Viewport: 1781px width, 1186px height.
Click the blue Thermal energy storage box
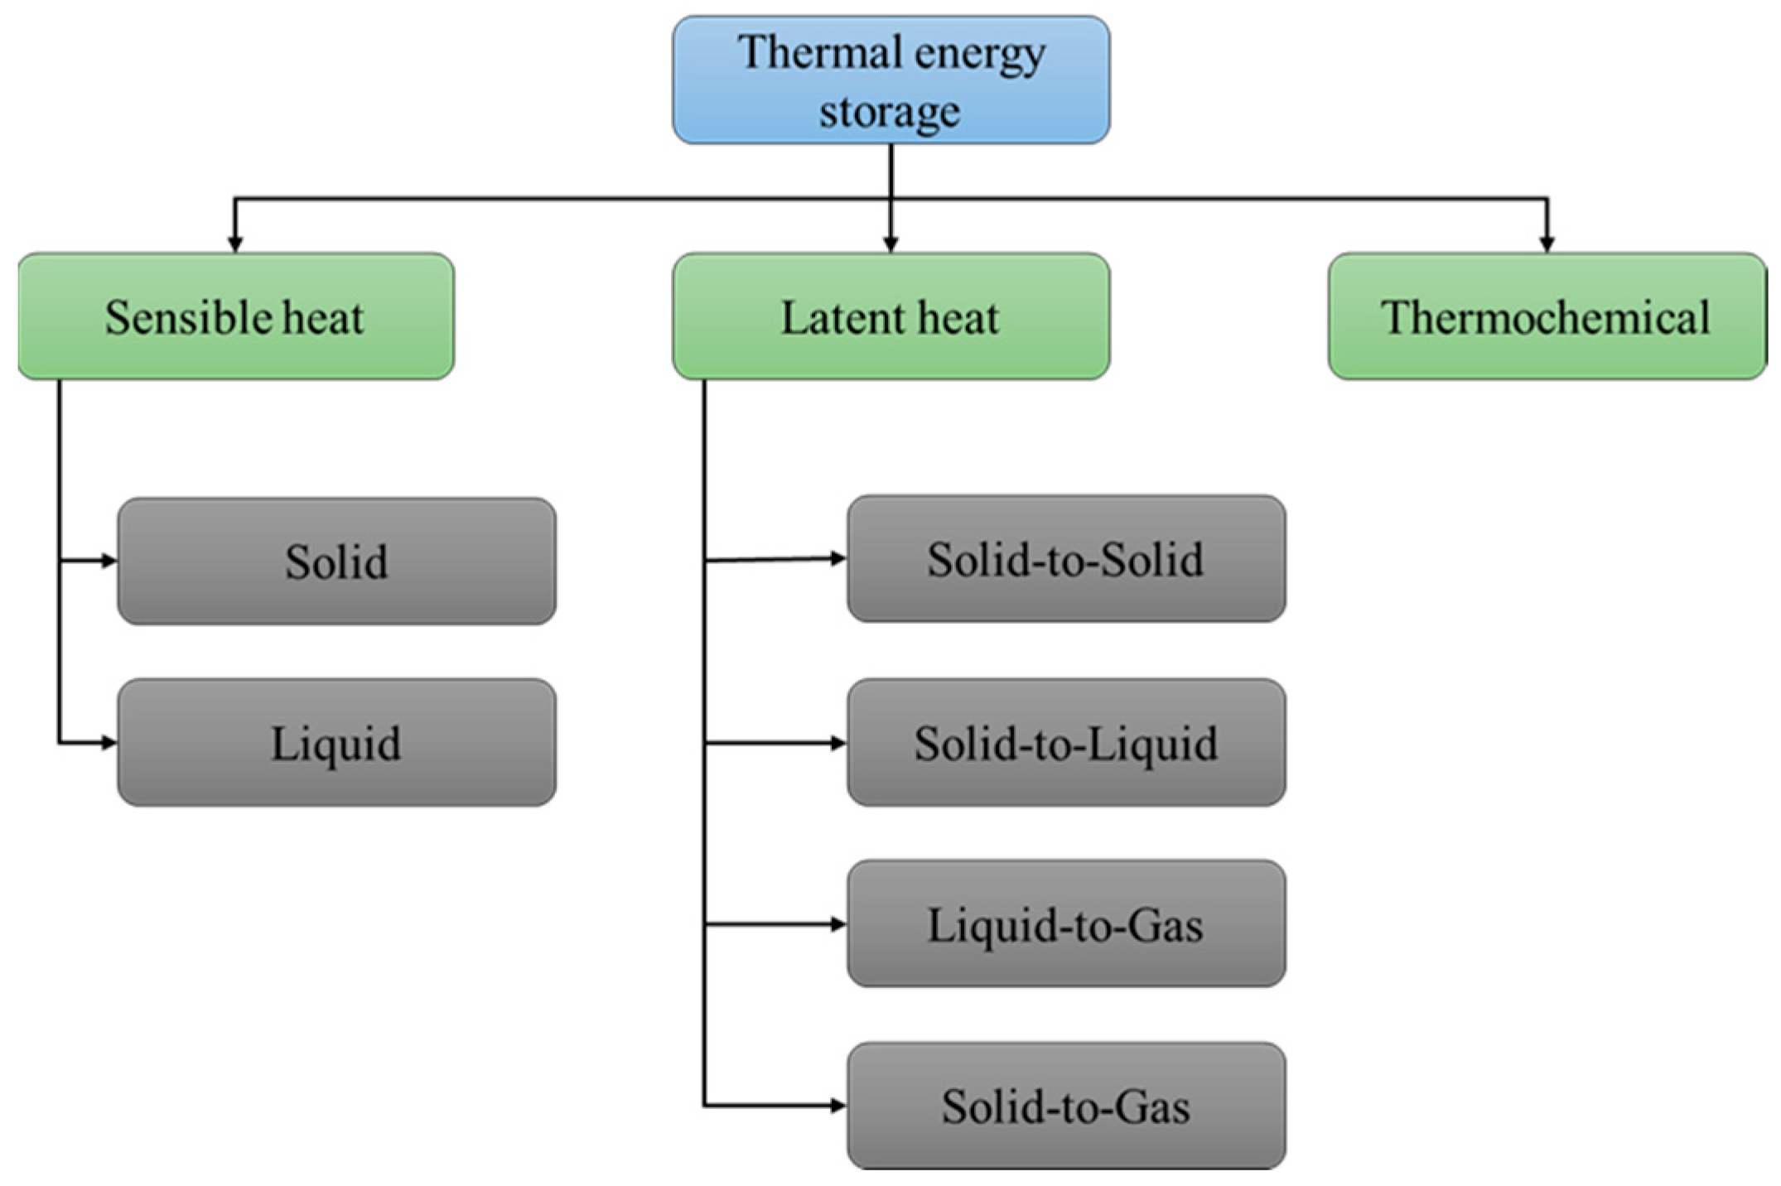tap(890, 80)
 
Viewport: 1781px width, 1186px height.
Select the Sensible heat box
tap(236, 316)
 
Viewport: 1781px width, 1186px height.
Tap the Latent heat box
tap(890, 316)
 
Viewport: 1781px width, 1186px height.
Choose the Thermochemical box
tap(1547, 316)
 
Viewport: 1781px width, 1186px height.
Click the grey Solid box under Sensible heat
tap(336, 562)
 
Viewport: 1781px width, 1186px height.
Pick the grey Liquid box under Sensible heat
tap(336, 743)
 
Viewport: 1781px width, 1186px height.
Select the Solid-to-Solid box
tap(1066, 559)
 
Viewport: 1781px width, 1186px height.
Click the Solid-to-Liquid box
tap(1066, 743)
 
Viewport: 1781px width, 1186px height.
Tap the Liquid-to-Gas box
tap(1066, 924)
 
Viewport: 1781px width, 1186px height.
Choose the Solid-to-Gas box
tap(1066, 1106)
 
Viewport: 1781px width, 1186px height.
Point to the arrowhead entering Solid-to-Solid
tap(838, 559)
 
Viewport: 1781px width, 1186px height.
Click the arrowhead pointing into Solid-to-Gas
tap(838, 1105)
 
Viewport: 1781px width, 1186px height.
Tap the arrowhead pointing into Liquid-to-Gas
tap(838, 923)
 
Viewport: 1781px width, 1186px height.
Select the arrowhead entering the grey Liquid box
tap(109, 743)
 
